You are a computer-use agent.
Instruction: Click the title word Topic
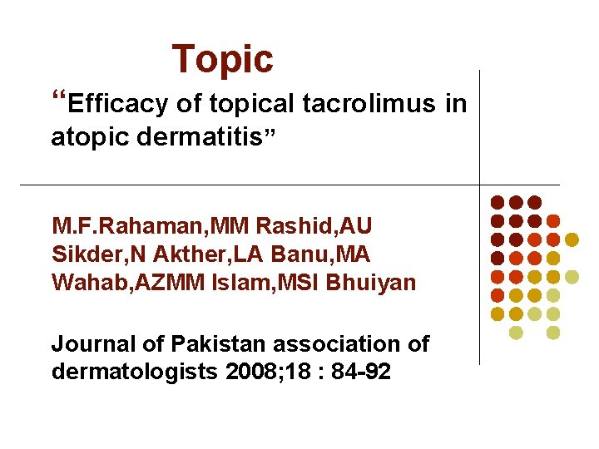222,59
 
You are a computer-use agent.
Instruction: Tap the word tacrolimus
369,104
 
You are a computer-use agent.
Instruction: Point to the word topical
252,105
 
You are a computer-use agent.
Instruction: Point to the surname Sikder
82,254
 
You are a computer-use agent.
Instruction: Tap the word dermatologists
135,372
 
